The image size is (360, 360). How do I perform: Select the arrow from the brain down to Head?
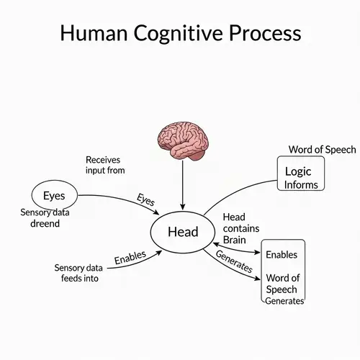(182, 184)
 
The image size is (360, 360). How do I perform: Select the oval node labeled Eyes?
(54, 195)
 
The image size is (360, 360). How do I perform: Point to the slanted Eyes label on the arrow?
(146, 200)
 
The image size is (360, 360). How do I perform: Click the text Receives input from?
(105, 165)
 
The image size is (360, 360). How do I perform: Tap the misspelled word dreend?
(40, 224)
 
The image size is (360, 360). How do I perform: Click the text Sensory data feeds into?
(76, 273)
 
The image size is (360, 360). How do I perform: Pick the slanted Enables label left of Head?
(130, 257)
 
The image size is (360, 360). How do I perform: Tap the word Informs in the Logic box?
(301, 184)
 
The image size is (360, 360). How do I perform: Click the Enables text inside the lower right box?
(282, 255)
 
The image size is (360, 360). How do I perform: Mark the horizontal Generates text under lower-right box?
(284, 301)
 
